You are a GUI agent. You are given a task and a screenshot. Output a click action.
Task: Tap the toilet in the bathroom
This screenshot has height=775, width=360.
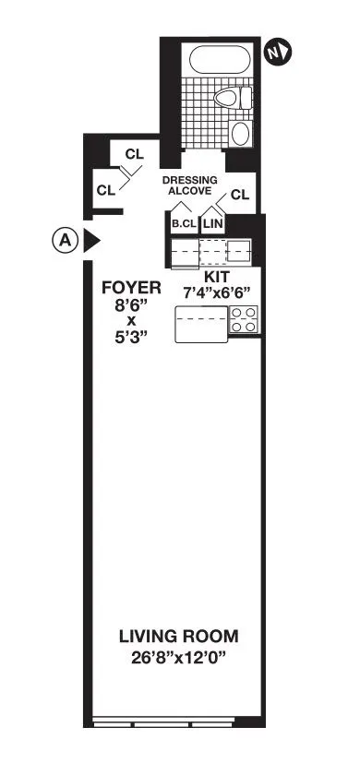pos(227,97)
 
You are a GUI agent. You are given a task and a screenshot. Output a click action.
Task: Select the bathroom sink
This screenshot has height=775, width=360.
pos(241,133)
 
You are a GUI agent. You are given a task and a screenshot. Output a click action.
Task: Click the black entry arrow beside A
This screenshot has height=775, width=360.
pos(92,241)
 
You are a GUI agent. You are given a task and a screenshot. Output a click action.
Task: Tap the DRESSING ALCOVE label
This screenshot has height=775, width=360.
pos(189,185)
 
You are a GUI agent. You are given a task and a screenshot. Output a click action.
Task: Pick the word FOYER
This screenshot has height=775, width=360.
pos(131,288)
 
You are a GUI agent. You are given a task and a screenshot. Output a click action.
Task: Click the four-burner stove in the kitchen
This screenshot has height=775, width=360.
pos(244,320)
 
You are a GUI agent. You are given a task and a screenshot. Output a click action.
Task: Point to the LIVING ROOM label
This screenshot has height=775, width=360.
pos(178,636)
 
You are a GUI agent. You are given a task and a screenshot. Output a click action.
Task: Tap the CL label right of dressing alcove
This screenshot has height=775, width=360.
pos(239,194)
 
